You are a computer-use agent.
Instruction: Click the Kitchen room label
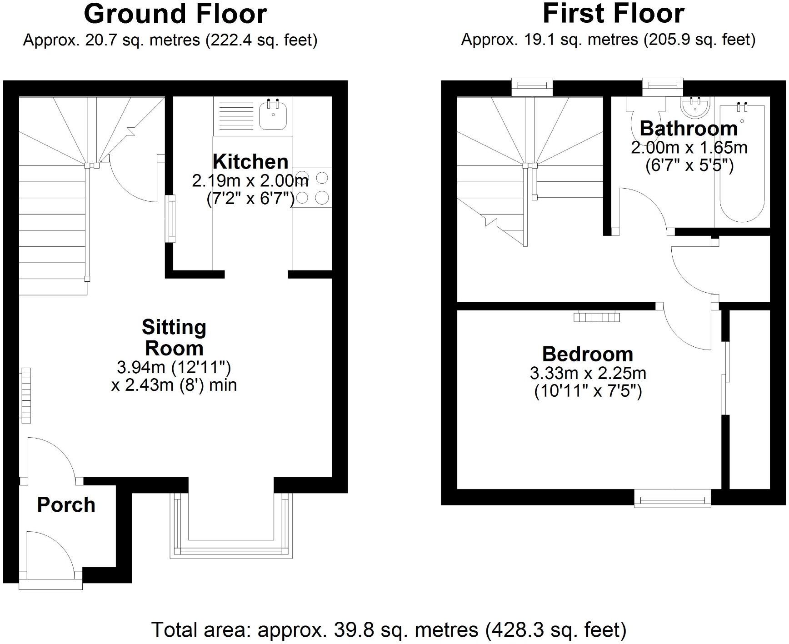250,162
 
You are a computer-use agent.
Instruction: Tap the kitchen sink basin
272,115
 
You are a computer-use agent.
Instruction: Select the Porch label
66,505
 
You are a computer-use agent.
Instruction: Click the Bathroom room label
689,129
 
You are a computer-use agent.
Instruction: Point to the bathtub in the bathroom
742,168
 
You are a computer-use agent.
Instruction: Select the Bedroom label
588,354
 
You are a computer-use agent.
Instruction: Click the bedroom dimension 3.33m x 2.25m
588,374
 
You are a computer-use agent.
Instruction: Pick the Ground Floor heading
175,14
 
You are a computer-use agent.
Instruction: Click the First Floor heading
613,14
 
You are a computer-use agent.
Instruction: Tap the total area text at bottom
389,630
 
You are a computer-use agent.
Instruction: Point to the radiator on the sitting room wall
26,395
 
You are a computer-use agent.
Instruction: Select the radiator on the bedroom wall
596,316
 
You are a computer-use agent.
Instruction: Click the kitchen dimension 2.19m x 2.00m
250,181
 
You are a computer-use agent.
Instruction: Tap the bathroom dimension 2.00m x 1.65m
689,148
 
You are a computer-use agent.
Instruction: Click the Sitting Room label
174,337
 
